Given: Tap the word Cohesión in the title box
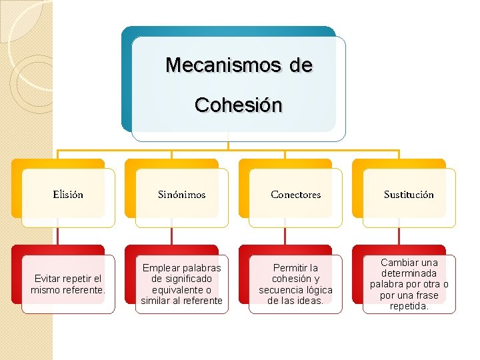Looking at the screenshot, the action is click(239, 105).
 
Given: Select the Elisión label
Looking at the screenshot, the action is click(68, 195).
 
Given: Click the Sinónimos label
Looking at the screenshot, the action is click(181, 195).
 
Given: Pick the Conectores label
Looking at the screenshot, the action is click(295, 195).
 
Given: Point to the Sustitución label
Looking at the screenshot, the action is click(409, 195).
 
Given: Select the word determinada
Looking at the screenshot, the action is click(409, 273).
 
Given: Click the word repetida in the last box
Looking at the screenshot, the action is click(409, 306).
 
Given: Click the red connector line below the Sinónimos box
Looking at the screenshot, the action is click(171, 236).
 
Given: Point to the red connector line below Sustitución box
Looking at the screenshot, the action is click(399, 236).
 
